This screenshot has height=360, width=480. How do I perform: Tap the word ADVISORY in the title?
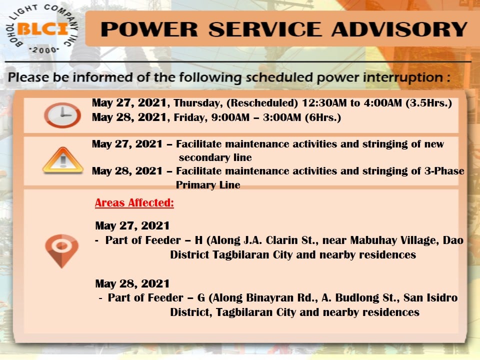tap(399, 29)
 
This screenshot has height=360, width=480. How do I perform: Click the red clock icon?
tap(62, 115)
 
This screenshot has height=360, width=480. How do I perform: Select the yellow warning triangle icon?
tap(63, 160)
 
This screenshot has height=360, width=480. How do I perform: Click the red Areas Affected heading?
tap(134, 202)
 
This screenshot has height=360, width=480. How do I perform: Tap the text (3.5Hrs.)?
tap(429, 103)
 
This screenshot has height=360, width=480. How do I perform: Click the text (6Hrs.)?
tap(323, 117)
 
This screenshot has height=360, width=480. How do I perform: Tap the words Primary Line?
tap(208, 185)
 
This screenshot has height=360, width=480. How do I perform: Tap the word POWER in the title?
tap(149, 29)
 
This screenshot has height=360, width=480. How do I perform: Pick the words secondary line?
tap(215, 157)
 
